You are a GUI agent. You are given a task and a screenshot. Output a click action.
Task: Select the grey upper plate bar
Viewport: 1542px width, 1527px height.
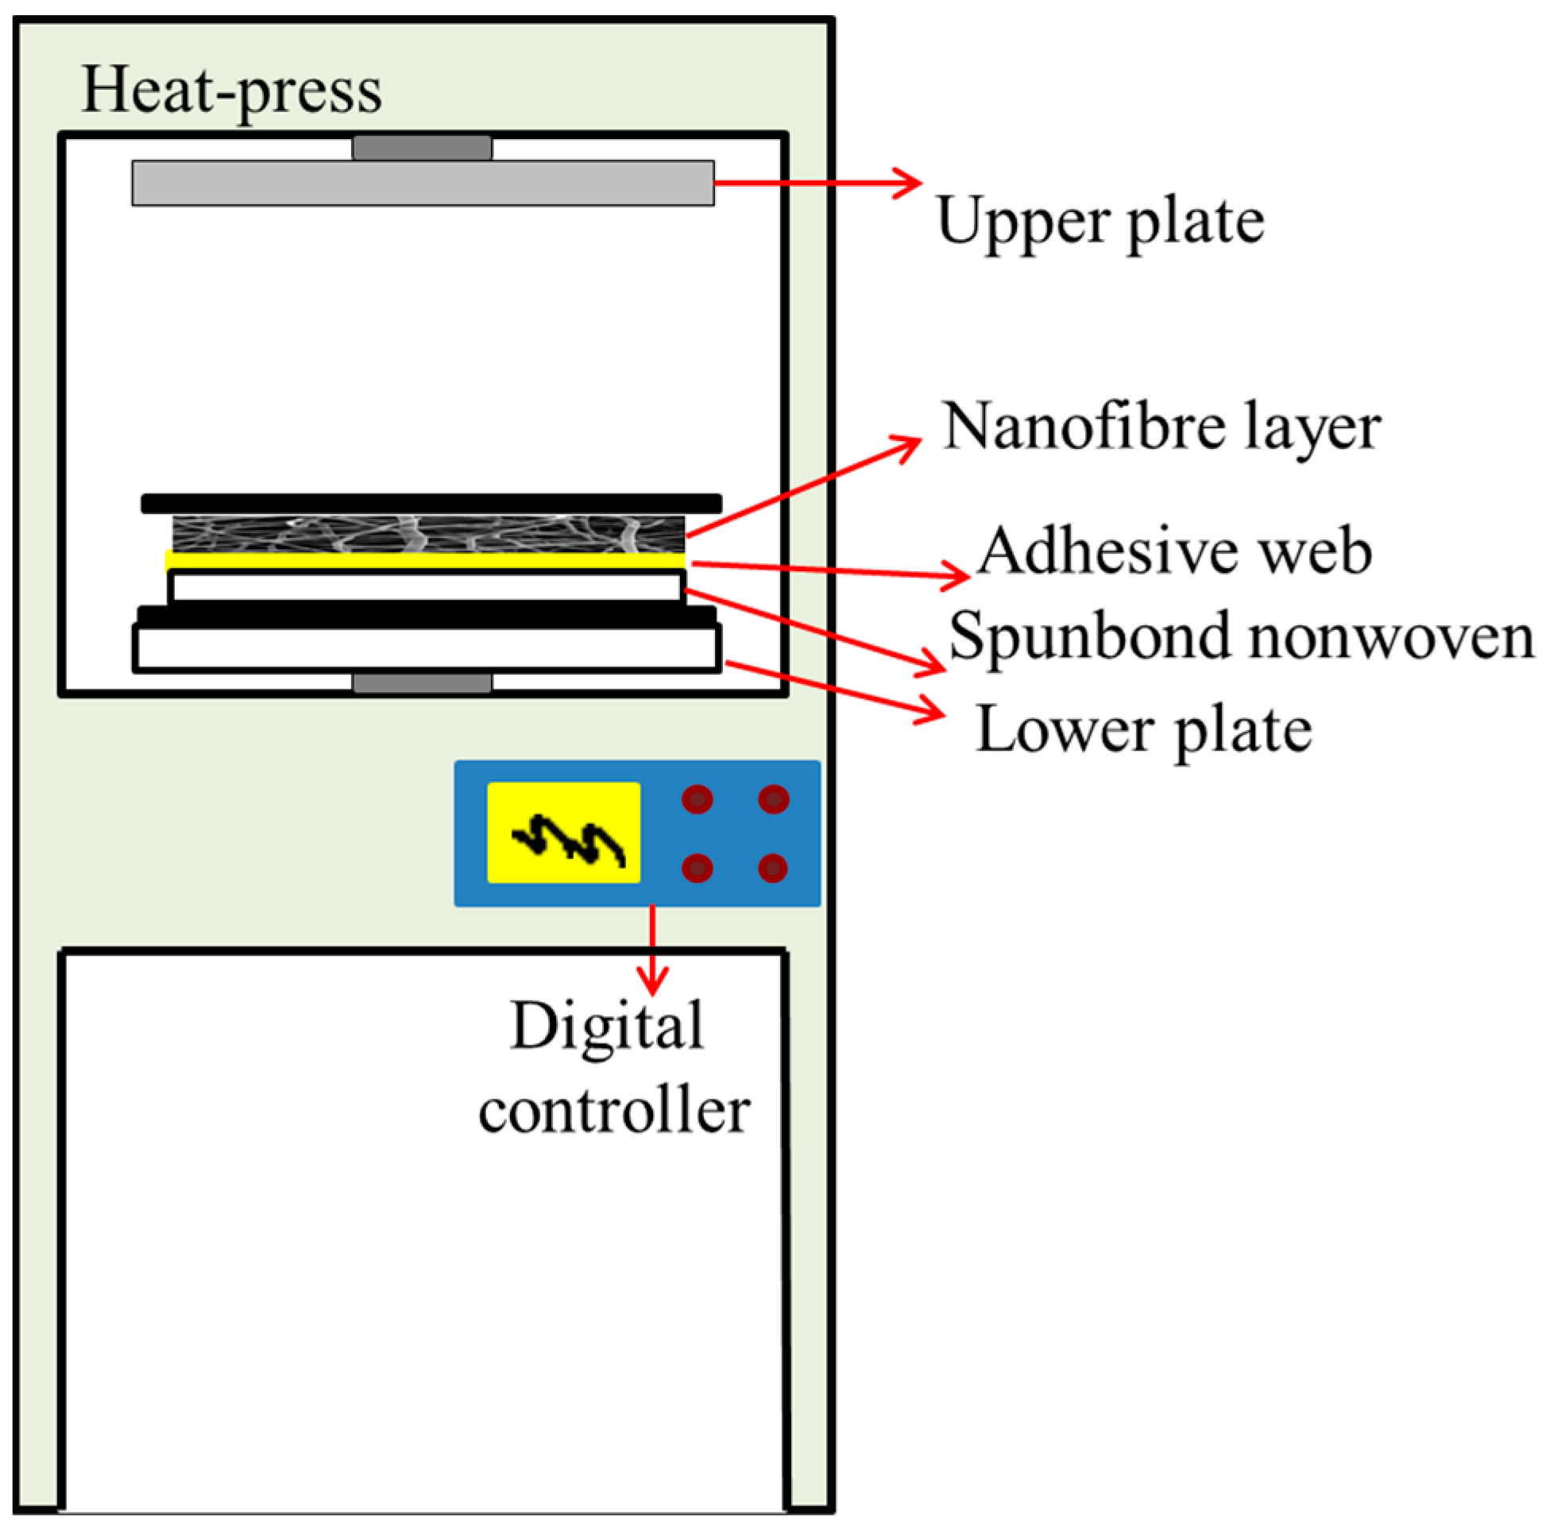[423, 183]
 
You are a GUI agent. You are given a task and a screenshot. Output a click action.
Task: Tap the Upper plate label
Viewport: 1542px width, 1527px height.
[1099, 221]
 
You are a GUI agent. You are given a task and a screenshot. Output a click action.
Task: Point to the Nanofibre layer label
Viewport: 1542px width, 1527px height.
[1161, 427]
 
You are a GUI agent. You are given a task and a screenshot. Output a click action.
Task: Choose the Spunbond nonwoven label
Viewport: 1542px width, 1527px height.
[1241, 636]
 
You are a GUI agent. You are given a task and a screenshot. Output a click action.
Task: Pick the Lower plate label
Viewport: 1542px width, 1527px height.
[1143, 729]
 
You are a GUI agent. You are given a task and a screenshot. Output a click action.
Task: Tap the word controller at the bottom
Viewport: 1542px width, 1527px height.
[614, 1111]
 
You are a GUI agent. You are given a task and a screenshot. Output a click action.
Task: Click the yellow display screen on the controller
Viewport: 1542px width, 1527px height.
[563, 833]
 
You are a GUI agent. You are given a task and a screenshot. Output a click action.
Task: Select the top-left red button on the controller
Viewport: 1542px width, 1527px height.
[697, 799]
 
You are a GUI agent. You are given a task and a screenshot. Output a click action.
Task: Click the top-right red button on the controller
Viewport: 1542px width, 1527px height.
[774, 799]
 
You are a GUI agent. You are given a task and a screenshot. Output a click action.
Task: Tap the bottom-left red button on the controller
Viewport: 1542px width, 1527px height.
[697, 868]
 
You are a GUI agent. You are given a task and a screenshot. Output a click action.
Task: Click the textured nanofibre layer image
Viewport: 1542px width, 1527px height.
[429, 533]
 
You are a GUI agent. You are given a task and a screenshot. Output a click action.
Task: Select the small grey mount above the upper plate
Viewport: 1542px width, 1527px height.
[422, 149]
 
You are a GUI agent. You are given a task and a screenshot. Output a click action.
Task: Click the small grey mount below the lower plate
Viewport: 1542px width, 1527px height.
[422, 683]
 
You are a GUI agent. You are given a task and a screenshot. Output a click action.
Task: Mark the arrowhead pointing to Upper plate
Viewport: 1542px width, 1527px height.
[908, 183]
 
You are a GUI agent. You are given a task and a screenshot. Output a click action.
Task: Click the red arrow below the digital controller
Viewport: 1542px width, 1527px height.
[653, 950]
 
